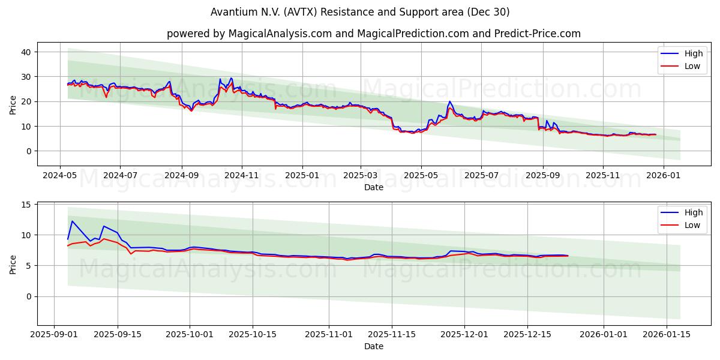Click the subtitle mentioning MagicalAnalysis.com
(373, 34)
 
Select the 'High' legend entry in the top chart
(693, 53)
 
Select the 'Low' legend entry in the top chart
(692, 66)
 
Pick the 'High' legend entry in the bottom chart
(693, 212)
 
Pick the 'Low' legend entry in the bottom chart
(692, 225)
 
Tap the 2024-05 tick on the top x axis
(59, 175)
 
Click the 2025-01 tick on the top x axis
(302, 175)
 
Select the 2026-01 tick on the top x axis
(664, 175)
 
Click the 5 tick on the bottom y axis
(27, 266)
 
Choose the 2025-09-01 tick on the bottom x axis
(55, 334)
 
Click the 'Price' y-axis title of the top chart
(13, 104)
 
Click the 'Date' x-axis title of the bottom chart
(373, 346)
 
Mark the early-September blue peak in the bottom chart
(72, 221)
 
